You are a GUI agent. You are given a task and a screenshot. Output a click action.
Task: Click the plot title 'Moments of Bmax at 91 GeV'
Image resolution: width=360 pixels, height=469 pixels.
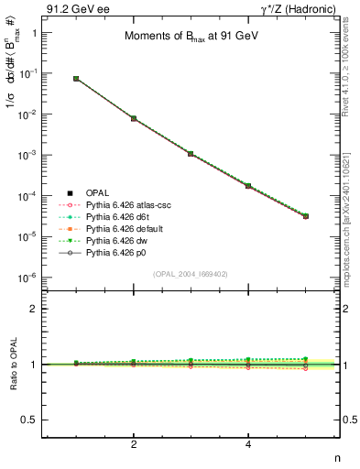point(187,38)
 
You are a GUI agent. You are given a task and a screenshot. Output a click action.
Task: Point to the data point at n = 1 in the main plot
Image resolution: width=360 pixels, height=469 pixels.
point(76,79)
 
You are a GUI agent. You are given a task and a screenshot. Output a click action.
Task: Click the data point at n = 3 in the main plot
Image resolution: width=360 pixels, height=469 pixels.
point(191,153)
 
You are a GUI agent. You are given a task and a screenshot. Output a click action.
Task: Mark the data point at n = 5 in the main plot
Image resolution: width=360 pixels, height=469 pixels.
point(305,216)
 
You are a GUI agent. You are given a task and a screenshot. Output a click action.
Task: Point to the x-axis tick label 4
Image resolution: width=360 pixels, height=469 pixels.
point(248,444)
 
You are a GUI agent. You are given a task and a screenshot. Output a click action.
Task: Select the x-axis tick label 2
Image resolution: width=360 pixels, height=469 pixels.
point(134,444)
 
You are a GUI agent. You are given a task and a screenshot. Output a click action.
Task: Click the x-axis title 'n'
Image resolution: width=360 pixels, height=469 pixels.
point(336,457)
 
